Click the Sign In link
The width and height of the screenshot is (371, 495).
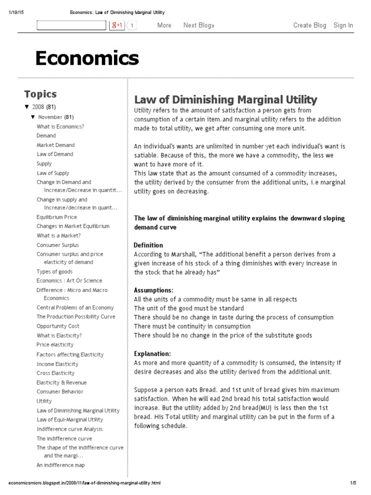click(x=343, y=25)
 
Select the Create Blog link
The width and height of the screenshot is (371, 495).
click(x=310, y=25)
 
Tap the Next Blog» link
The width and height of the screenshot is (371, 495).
click(x=199, y=25)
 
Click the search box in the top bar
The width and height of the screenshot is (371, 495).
click(x=71, y=25)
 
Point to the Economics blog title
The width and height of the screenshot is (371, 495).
click(x=87, y=58)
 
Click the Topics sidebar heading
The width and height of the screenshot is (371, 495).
click(x=41, y=94)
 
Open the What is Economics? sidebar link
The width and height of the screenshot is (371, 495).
click(x=60, y=127)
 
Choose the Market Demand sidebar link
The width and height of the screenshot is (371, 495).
click(x=56, y=145)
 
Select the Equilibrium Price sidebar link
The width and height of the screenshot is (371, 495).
click(x=57, y=217)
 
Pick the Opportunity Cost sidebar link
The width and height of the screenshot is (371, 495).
click(x=58, y=326)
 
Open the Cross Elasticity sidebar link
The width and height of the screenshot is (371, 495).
click(x=56, y=373)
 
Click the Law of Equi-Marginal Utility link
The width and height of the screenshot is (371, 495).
click(x=70, y=420)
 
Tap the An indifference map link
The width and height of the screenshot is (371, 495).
click(x=60, y=465)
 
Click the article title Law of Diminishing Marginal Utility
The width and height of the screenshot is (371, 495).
click(x=225, y=100)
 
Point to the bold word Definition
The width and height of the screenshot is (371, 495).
click(x=148, y=245)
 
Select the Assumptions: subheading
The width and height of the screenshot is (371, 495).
click(x=153, y=290)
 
